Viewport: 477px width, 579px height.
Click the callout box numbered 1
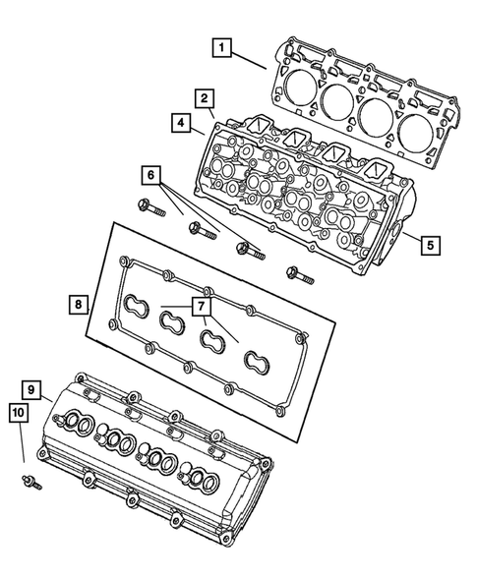223,47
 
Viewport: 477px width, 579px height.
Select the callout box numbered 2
204,98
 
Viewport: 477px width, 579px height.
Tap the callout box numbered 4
183,124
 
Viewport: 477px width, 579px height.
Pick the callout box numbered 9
33,391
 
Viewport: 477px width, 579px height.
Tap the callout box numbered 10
19,415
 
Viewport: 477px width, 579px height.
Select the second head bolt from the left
201,230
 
